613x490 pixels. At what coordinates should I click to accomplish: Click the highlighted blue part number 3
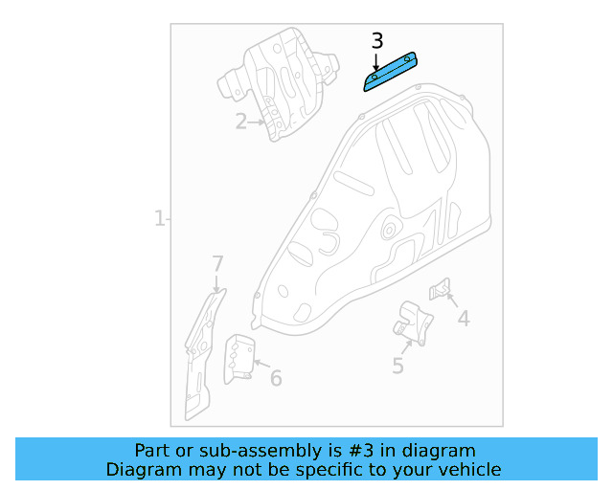(390, 73)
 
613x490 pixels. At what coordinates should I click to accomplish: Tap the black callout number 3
(377, 41)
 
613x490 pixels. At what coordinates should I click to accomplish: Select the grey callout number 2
(241, 122)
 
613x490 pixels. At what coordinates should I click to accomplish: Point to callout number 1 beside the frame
(159, 218)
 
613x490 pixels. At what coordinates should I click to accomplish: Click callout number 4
(464, 319)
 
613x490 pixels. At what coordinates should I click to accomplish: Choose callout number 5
(397, 366)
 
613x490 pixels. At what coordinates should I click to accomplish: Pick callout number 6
(276, 378)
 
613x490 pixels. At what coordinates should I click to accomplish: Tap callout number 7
(217, 264)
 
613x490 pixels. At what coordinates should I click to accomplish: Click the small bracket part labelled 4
(440, 289)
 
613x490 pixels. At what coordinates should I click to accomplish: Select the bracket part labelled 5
(413, 323)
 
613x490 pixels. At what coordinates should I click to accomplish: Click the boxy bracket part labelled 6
(239, 359)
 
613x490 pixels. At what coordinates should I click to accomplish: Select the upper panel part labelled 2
(279, 83)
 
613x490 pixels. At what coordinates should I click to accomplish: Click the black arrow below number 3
(376, 62)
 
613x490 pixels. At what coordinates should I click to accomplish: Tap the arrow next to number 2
(257, 122)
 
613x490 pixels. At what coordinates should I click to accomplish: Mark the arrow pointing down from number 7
(216, 283)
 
